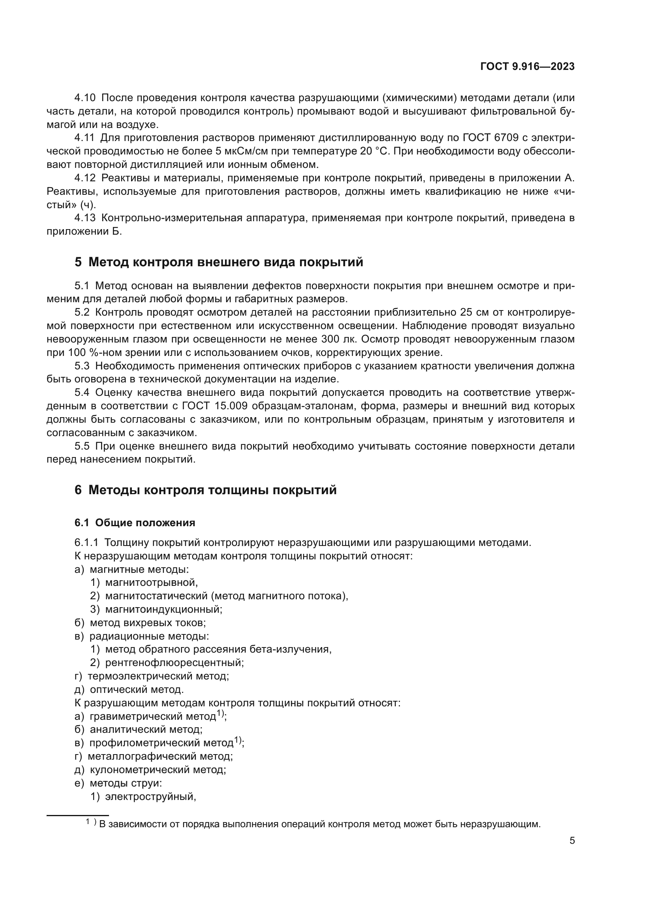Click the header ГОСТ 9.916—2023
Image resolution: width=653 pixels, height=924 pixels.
pos(527,67)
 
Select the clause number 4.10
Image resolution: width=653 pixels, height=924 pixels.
pos(85,98)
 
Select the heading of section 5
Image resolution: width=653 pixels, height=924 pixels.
pos(219,262)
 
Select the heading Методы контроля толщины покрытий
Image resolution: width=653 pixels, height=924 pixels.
pos(212,490)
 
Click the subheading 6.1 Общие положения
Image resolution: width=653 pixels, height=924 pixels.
pos(135,523)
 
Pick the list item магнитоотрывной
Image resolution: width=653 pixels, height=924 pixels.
pos(151,582)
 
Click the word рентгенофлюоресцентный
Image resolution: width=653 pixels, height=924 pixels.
pos(174,662)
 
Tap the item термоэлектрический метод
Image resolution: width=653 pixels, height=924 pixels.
pos(158,676)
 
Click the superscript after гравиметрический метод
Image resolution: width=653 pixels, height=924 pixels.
pos(220,713)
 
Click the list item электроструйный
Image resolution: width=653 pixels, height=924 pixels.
pos(150,796)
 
